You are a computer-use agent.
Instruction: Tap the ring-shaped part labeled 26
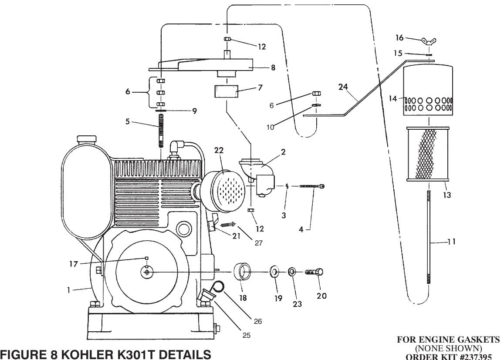tap(219, 286)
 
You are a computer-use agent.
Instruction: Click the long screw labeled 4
tap(312, 186)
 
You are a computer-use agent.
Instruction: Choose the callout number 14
tap(393, 99)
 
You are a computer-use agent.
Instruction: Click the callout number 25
tap(247, 336)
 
